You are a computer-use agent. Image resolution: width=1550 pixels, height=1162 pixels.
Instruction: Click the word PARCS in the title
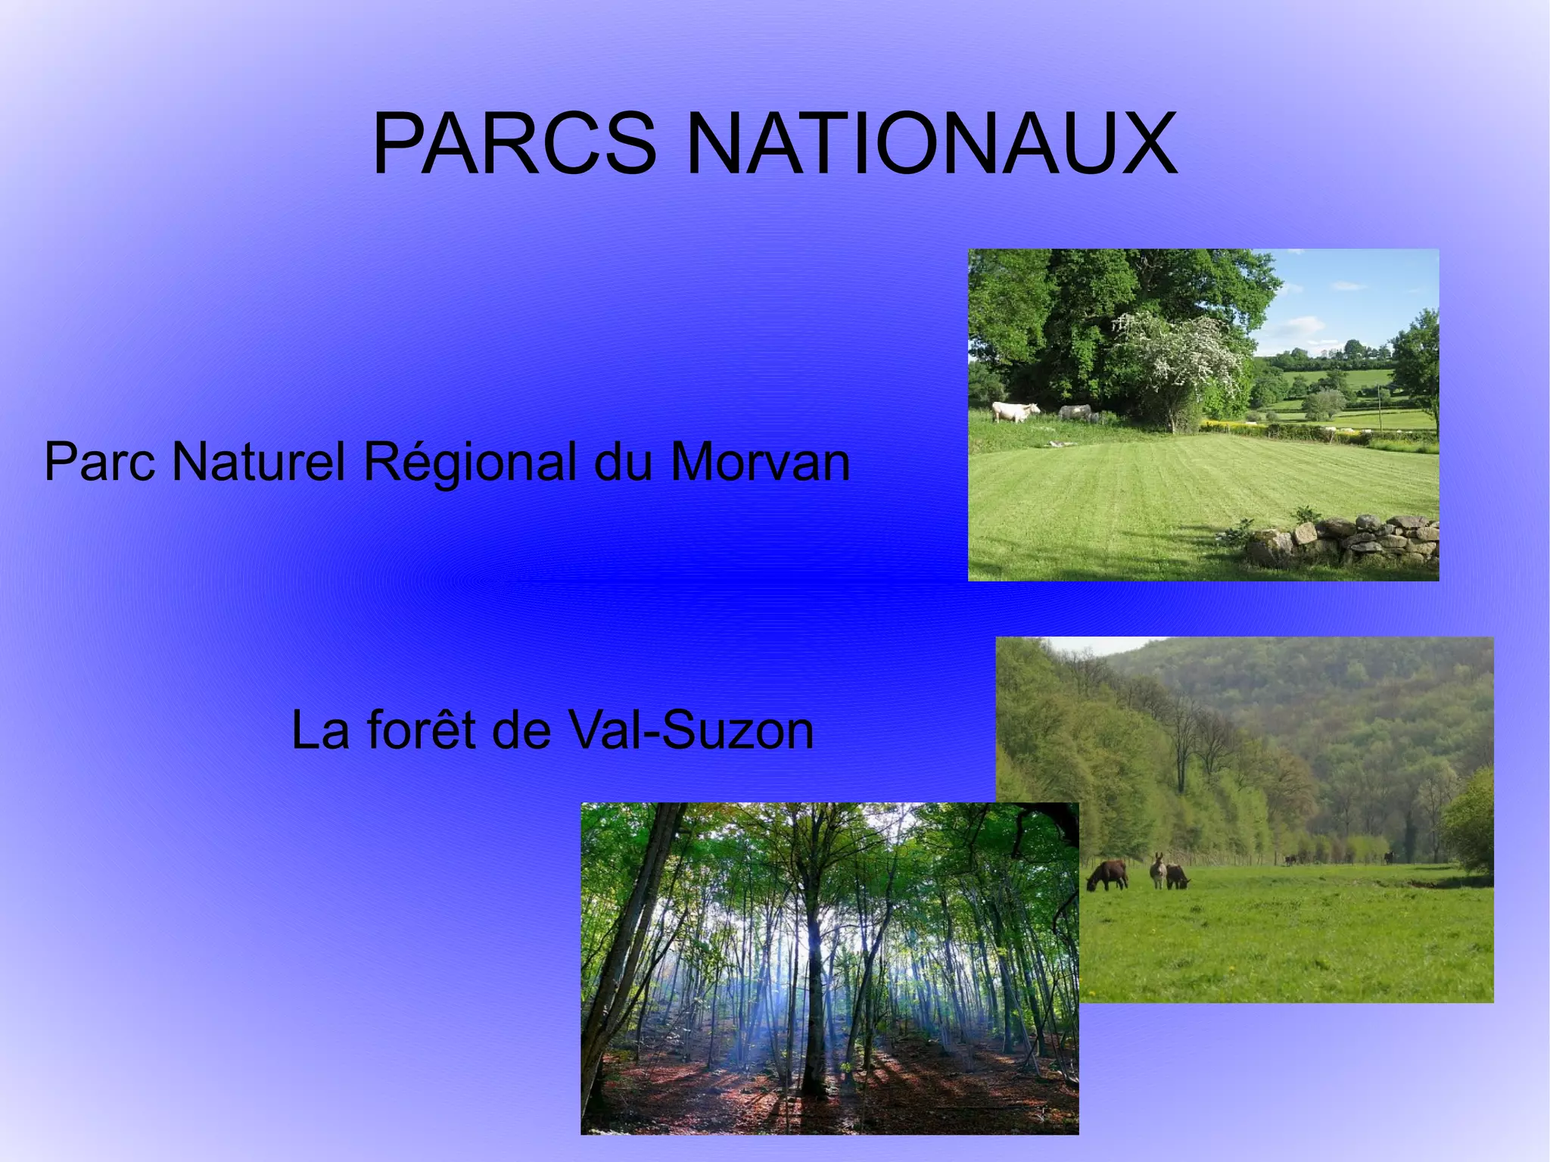(514, 144)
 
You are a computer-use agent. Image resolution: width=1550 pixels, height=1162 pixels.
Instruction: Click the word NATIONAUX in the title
(930, 144)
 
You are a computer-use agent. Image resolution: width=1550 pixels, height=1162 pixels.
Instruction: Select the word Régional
(470, 463)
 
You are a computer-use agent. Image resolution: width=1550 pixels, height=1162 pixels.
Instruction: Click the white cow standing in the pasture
(1013, 411)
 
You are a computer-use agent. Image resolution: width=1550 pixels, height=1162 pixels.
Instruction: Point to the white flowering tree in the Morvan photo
(1181, 356)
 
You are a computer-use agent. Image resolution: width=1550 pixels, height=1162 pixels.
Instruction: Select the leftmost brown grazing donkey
(1107, 875)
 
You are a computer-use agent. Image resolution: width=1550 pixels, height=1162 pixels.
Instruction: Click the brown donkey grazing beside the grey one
(1177, 877)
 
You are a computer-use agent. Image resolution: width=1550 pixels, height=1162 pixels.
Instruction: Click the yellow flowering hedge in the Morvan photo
(1241, 426)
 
